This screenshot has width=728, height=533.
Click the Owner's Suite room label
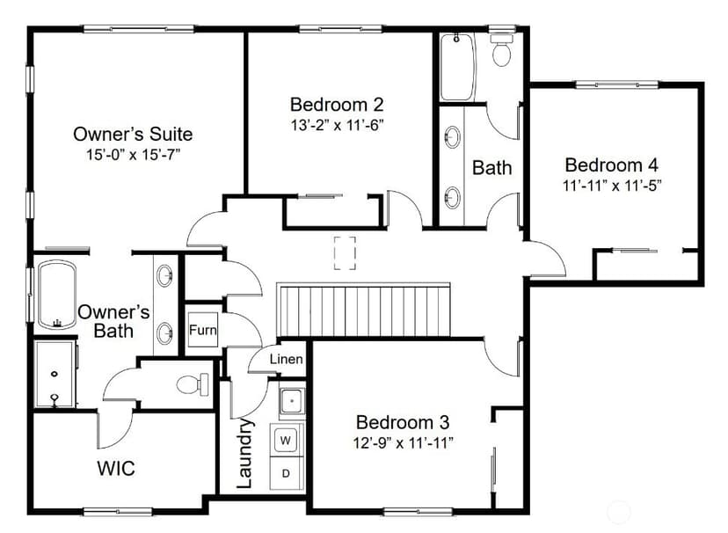click(133, 135)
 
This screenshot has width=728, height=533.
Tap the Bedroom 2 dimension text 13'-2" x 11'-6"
click(337, 125)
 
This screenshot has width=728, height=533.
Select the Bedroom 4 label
click(611, 164)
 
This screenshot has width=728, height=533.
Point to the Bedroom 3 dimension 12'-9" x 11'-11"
click(403, 442)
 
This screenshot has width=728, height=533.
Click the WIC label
click(116, 468)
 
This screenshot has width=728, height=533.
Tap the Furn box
click(203, 330)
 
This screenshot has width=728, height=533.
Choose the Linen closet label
click(286, 359)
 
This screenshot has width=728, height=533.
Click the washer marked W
click(286, 440)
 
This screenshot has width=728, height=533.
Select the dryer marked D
click(286, 473)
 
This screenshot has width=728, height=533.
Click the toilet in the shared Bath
click(501, 50)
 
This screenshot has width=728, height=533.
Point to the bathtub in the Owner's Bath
click(57, 295)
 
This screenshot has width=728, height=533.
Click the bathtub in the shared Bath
click(458, 66)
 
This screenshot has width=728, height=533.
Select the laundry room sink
click(292, 400)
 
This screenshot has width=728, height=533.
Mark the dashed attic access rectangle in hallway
click(345, 252)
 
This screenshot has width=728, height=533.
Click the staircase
click(363, 310)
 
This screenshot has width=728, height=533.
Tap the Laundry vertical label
click(244, 453)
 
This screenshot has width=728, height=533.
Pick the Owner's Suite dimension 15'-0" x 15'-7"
click(133, 155)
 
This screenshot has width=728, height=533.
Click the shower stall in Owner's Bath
click(55, 374)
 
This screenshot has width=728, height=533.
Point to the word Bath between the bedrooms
click(491, 168)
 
